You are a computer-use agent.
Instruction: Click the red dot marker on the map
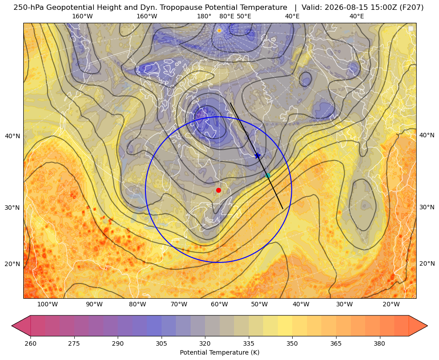(x=219, y=190)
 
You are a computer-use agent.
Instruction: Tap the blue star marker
(x=258, y=156)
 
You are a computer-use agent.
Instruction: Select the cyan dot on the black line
(x=268, y=175)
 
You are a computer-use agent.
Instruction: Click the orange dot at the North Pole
(x=219, y=30)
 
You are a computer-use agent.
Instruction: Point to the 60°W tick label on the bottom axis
(x=219, y=304)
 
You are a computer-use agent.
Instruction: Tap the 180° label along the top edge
(x=204, y=16)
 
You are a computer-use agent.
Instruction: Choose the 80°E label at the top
(x=227, y=16)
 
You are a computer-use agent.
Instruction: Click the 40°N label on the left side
(x=13, y=136)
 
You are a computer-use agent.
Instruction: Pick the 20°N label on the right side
(x=427, y=263)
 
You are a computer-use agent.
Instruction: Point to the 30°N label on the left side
(x=13, y=208)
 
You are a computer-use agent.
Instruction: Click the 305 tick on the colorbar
(x=162, y=343)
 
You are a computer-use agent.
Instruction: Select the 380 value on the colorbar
(x=379, y=343)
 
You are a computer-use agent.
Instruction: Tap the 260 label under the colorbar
(x=30, y=343)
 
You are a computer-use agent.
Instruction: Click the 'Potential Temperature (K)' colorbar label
(x=219, y=352)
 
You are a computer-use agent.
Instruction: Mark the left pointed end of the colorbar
(x=12, y=326)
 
